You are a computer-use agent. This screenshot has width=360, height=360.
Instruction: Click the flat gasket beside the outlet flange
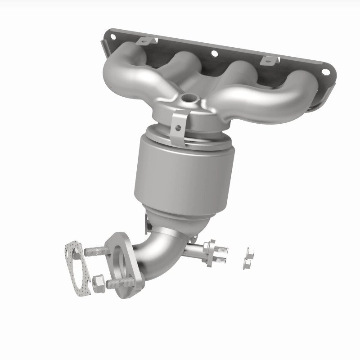pos(76,270)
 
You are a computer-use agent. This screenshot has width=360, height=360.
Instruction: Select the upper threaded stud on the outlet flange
pos(95,251)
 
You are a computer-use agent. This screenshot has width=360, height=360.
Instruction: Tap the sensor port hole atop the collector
pos(189,96)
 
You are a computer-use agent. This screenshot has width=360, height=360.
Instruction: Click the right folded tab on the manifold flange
pos(269,59)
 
